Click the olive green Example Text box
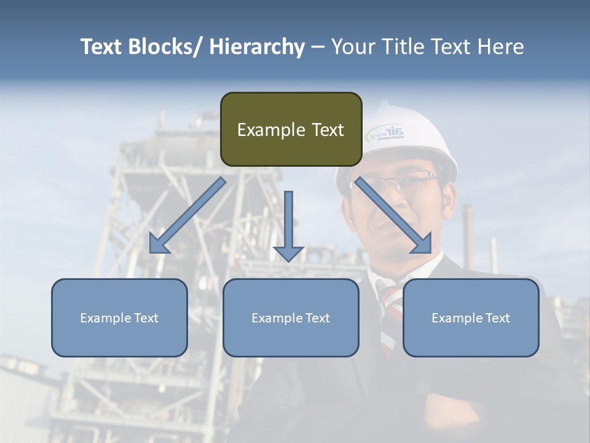click(291, 129)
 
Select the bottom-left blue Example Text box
click(119, 317)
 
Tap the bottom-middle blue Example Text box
click(291, 317)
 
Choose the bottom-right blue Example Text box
click(471, 317)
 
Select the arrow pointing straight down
click(288, 225)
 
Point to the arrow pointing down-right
click(394, 216)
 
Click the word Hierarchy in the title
click(257, 47)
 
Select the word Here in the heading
click(501, 47)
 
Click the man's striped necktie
click(390, 320)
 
